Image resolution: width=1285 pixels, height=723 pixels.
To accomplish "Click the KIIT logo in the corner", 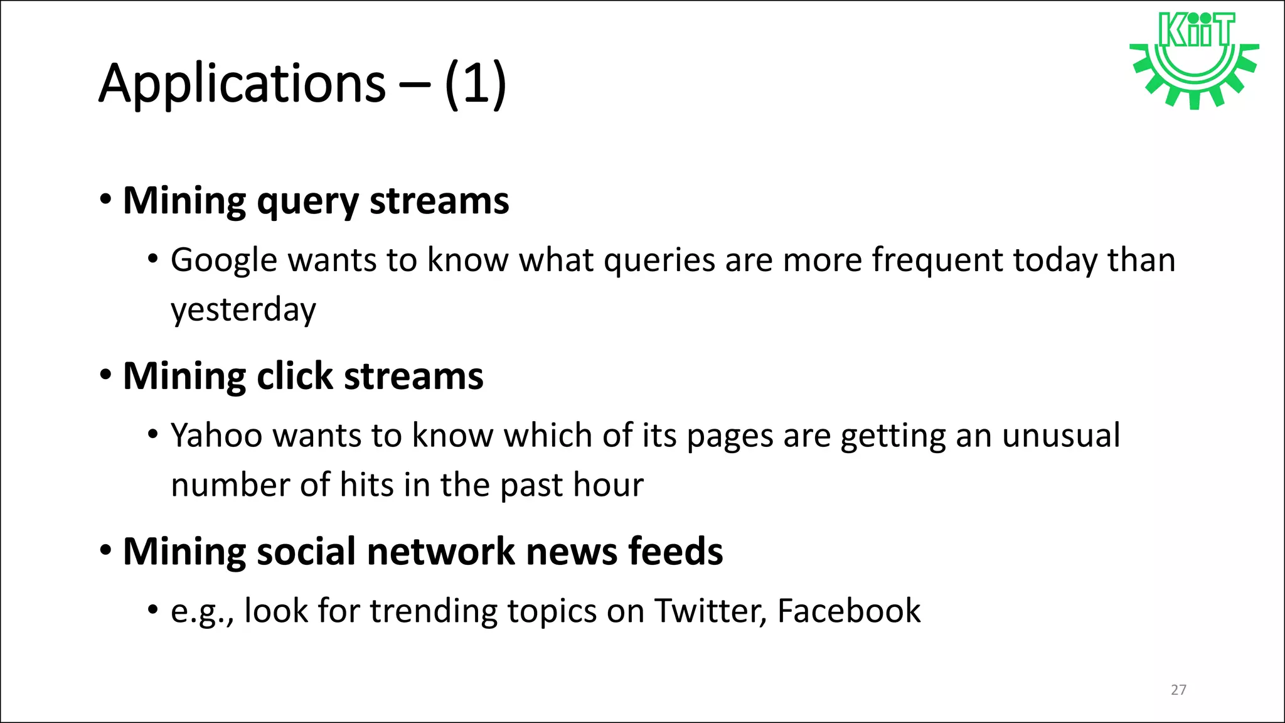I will (1194, 60).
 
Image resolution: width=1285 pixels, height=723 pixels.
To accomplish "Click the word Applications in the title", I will (242, 83).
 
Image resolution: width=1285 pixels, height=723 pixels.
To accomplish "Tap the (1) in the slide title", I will (475, 83).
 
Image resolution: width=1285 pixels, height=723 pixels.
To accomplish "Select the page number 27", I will (1178, 690).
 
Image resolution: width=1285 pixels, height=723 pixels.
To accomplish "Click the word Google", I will (224, 260).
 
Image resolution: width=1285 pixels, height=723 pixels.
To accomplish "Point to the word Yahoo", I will (216, 436).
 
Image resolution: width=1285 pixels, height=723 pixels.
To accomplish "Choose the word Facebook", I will (849, 611).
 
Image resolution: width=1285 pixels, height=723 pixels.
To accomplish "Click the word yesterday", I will (243, 310).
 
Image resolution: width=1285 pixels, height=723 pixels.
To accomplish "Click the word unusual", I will (1061, 436).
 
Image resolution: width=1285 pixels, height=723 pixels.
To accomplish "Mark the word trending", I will (433, 611).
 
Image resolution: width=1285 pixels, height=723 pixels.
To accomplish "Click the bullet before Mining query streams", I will (106, 200).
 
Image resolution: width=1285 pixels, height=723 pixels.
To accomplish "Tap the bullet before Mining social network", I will (106, 551).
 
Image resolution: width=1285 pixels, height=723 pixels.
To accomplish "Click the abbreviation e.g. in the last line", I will (201, 612).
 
